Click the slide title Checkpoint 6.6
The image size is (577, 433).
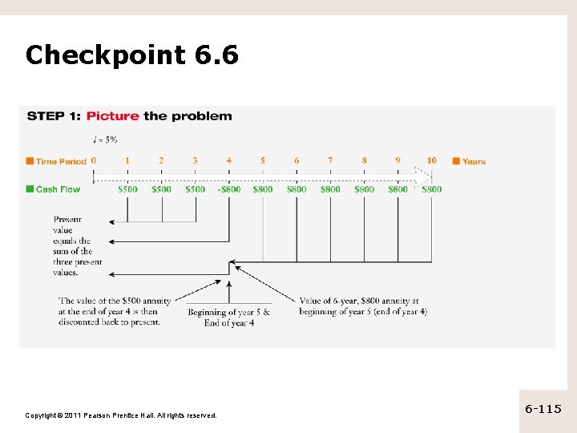pos(131,55)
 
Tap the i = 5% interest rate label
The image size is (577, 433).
pos(105,140)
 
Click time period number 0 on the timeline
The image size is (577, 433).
pos(94,160)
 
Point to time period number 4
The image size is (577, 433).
pos(229,160)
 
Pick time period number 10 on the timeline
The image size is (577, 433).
pos(432,160)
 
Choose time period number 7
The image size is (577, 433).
pos(330,160)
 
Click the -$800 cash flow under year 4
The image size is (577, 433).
pos(229,189)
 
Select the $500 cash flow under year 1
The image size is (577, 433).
pos(127,189)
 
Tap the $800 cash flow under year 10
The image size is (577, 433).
pos(432,189)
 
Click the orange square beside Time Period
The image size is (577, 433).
pos(30,161)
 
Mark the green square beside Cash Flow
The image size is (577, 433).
pos(30,189)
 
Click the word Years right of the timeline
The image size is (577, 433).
pos(474,161)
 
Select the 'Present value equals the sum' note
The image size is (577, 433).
pos(78,245)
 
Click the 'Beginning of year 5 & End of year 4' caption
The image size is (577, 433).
pos(229,318)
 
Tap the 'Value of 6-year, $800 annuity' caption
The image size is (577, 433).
pos(359,306)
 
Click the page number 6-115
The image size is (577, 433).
pos(543,409)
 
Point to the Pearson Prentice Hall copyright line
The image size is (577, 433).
pos(121,415)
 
